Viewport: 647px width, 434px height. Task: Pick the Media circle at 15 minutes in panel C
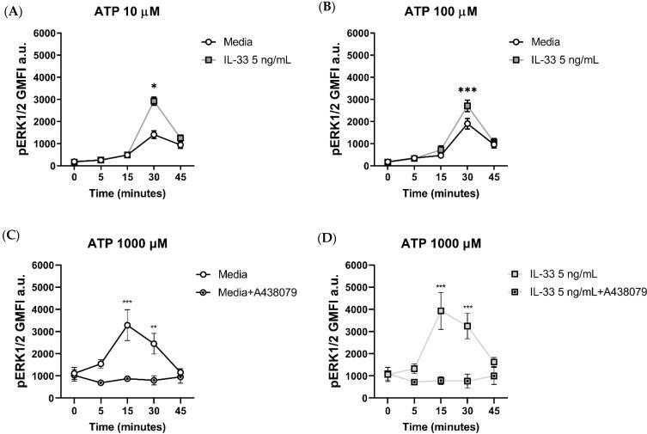pos(127,325)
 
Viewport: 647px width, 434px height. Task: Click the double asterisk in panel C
pos(154,327)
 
